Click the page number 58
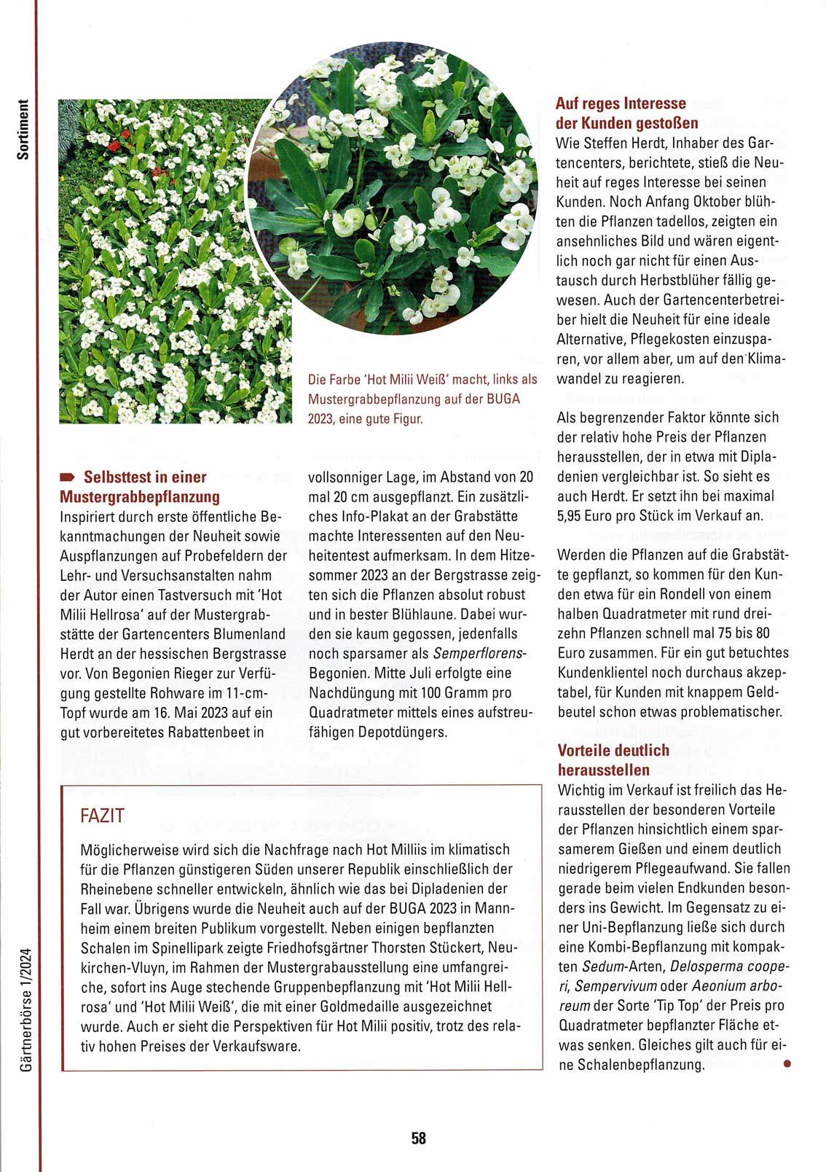(418, 1138)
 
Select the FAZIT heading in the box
(102, 816)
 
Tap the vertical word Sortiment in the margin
(23, 129)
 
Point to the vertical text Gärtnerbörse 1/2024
(27, 1009)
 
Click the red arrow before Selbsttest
(68, 477)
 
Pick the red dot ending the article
(786, 1063)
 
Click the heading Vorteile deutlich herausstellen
(613, 759)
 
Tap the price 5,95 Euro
(591, 515)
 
